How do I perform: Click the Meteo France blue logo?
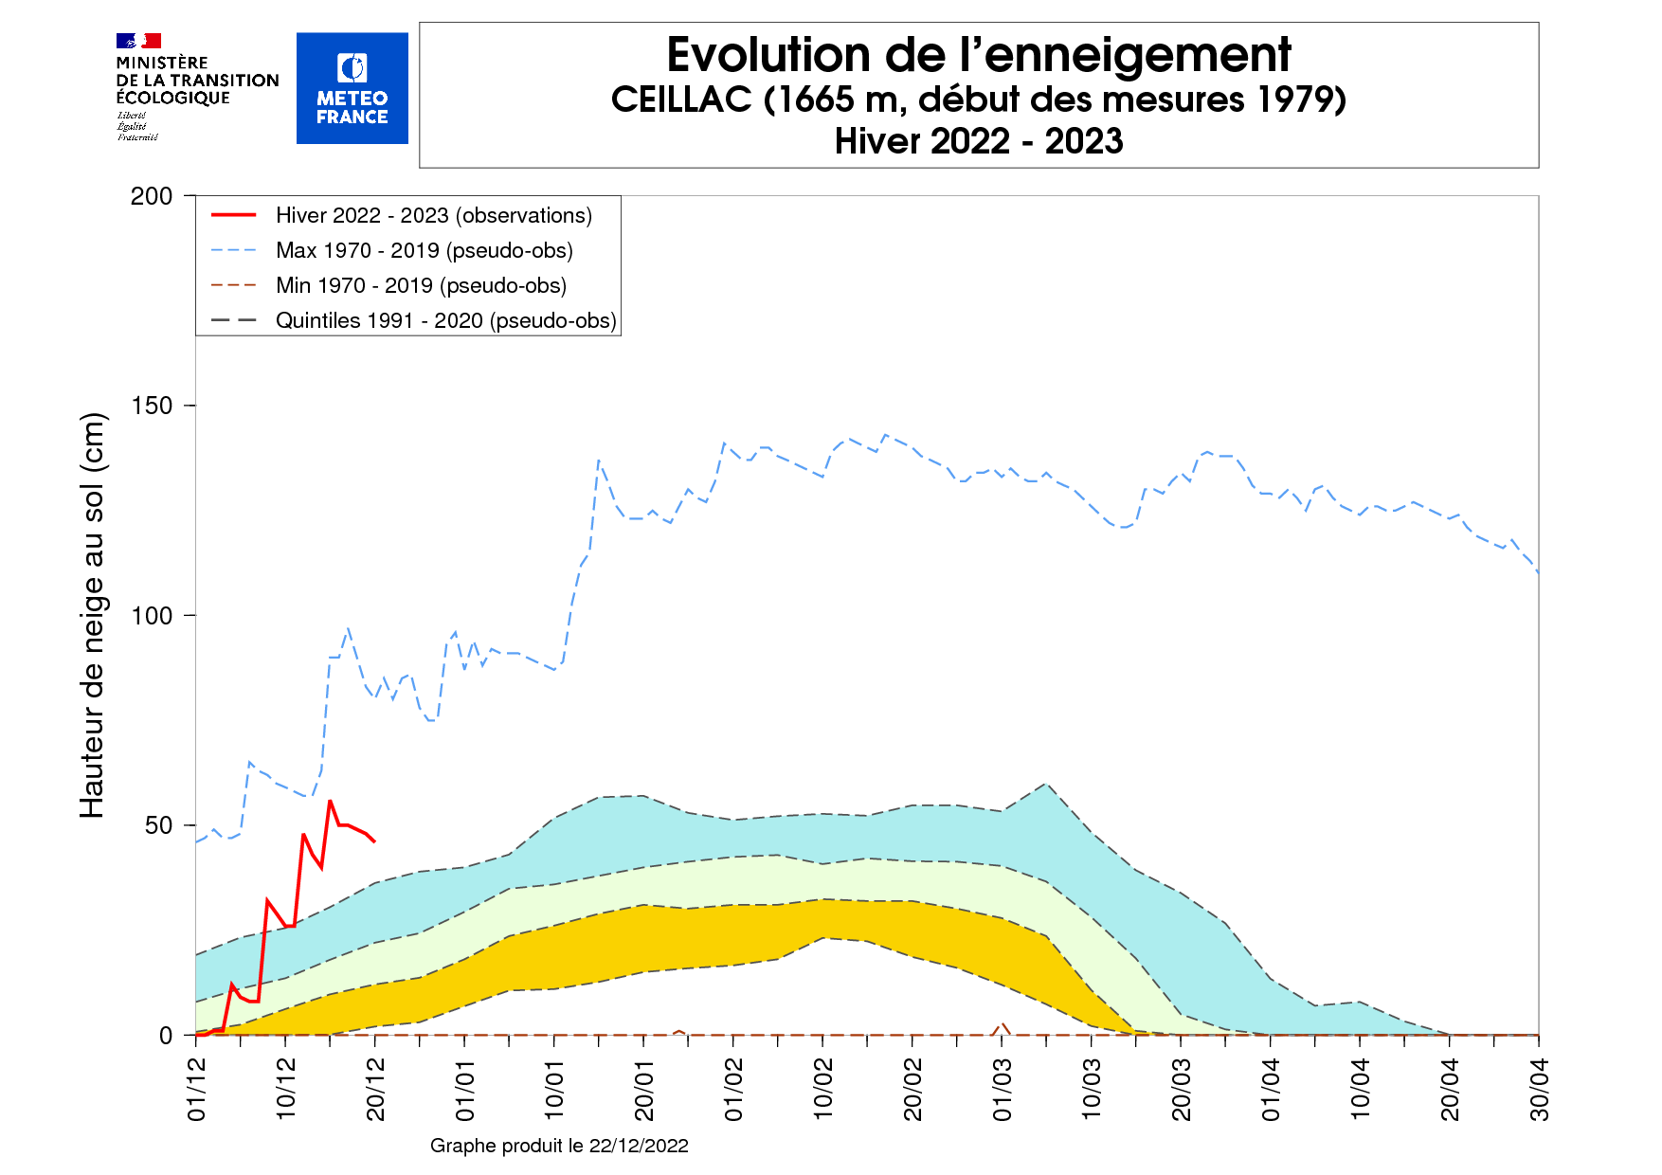(352, 88)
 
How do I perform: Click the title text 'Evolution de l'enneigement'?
(978, 55)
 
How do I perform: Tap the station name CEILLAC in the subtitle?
(680, 99)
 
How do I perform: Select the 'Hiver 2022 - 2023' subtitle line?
(978, 141)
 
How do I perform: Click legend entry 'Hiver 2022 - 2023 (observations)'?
(433, 215)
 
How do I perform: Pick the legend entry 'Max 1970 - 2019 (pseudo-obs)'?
(424, 250)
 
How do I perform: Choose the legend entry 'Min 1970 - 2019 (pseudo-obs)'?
(421, 285)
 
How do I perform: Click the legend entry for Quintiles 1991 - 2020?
(445, 320)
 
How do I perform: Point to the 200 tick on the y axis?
(152, 196)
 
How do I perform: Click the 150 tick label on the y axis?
(152, 406)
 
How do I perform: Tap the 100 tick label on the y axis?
(152, 616)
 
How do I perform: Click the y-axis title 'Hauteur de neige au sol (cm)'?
(92, 615)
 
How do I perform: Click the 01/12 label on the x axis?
(197, 1090)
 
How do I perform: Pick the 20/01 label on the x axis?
(644, 1090)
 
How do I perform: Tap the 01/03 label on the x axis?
(1003, 1090)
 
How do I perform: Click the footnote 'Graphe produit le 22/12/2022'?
(559, 1146)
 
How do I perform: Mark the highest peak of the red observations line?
(330, 801)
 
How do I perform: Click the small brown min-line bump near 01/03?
(1003, 1024)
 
